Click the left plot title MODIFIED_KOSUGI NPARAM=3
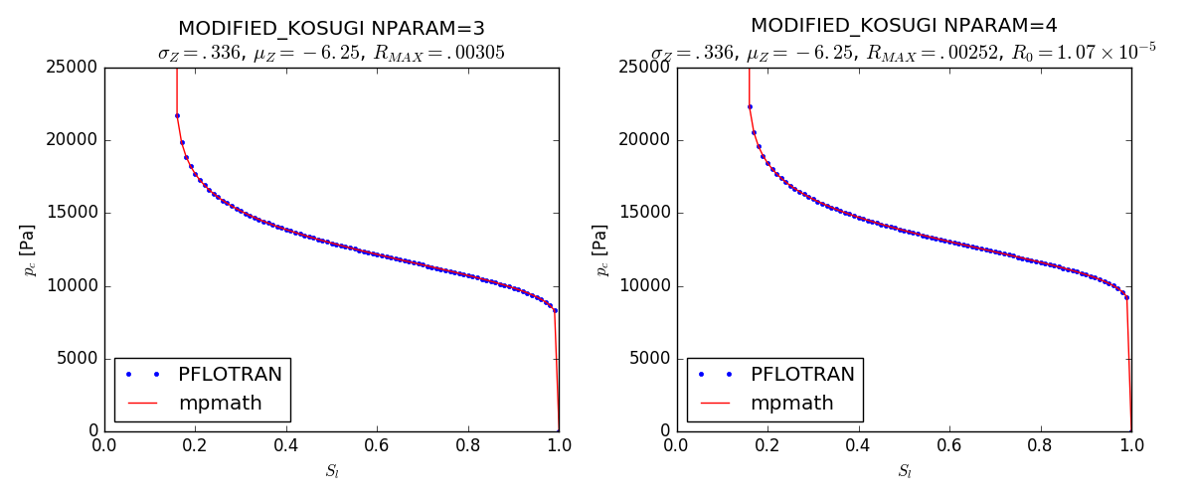331,29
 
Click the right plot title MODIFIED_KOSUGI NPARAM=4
904,26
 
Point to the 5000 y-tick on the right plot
646,359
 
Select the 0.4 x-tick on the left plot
286,446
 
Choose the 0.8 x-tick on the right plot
1040,446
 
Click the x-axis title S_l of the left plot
332,471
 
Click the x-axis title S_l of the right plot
905,471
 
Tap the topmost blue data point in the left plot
177,115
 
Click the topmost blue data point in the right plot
750,106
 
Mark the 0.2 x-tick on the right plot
767,446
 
